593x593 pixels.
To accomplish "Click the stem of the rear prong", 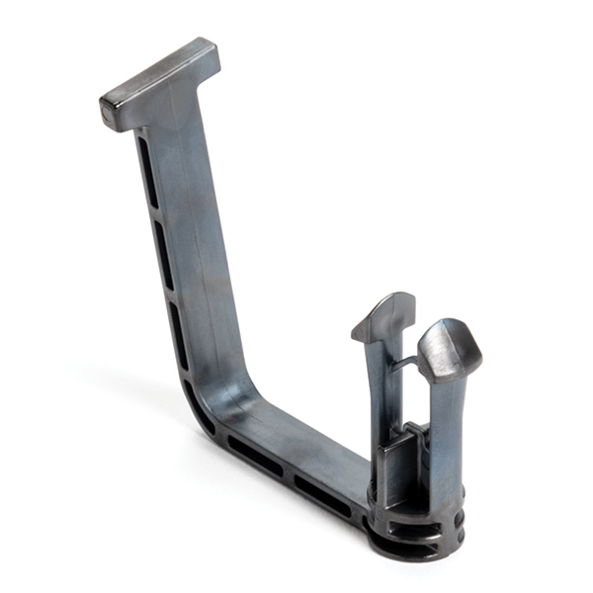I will pyautogui.click(x=381, y=395).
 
